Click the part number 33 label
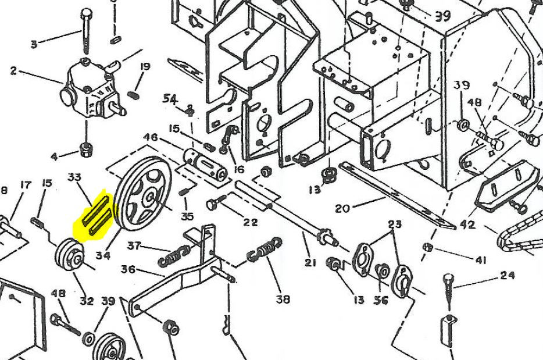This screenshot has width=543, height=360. click(x=75, y=177)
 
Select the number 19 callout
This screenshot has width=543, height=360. click(x=145, y=67)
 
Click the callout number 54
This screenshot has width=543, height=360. click(x=170, y=99)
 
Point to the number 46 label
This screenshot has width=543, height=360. click(x=150, y=138)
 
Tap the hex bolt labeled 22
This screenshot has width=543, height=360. click(x=213, y=204)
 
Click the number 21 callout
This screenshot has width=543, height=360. click(x=310, y=262)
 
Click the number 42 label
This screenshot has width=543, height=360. click(x=467, y=224)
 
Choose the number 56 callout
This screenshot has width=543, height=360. click(x=381, y=300)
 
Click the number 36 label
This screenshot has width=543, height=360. click(x=128, y=269)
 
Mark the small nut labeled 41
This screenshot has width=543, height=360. click(x=428, y=247)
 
